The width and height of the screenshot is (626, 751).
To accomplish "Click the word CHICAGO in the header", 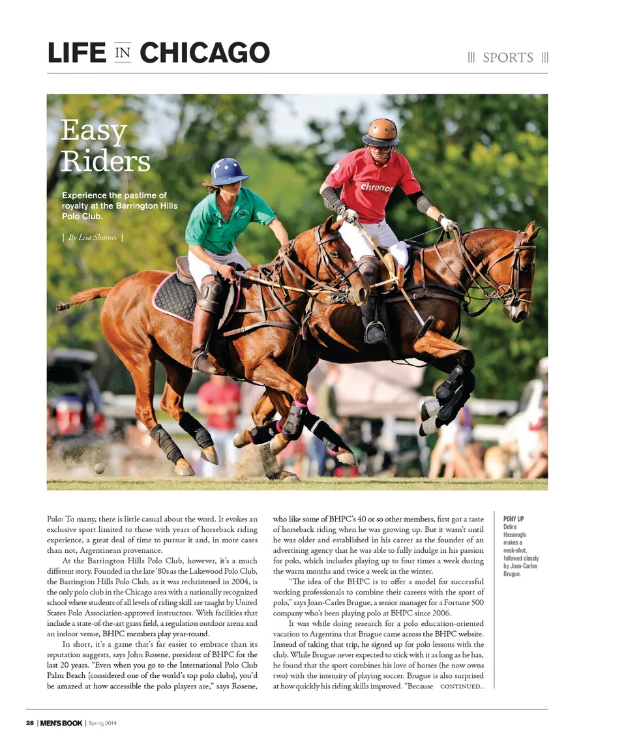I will click(x=204, y=53).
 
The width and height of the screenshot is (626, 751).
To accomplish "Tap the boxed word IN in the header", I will click(x=123, y=53).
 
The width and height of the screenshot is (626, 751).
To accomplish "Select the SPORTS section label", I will click(x=508, y=58).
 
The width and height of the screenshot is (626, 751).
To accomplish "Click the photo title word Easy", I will click(x=93, y=132).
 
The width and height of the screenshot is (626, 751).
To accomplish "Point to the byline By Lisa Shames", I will click(x=92, y=237).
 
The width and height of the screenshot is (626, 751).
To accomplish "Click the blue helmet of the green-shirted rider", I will click(x=229, y=171).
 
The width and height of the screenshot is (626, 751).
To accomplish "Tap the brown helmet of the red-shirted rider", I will click(x=381, y=132).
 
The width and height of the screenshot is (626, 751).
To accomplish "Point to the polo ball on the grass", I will click(x=99, y=468).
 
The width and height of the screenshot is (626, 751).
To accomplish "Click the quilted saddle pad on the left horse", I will click(x=175, y=297).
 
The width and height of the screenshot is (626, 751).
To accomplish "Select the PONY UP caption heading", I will click(x=514, y=519).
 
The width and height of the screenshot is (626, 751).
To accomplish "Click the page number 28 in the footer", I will click(x=30, y=723).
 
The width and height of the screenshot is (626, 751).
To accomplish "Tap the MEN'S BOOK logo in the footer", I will click(x=61, y=723).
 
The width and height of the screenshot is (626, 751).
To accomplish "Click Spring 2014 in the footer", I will click(x=103, y=723).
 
